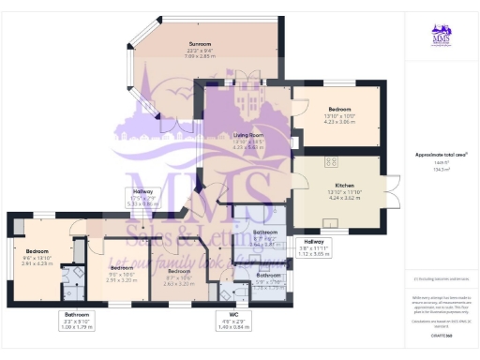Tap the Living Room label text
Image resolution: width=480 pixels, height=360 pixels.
(x=247, y=136)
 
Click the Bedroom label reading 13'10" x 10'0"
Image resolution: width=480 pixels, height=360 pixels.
(x=338, y=109)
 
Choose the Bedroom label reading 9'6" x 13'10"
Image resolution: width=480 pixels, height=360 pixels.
(x=37, y=252)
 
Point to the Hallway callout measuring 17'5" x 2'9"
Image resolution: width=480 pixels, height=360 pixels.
(x=143, y=198)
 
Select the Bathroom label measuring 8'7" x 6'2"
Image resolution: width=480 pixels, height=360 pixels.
(x=266, y=232)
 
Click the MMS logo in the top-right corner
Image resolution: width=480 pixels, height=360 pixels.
(x=441, y=35)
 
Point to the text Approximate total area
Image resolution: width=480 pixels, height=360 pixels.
(x=441, y=154)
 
